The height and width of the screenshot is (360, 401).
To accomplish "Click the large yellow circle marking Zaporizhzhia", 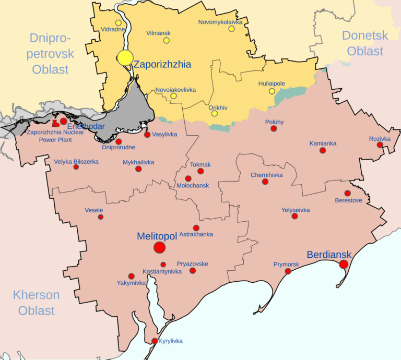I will tap(125, 58).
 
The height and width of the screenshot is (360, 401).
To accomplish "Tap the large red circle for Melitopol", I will tap(160, 248).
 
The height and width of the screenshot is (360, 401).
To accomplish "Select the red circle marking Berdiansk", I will tap(344, 265).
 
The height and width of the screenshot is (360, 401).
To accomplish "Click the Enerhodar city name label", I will tap(86, 127).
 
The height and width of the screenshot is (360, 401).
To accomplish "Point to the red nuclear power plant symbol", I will tap(55, 123).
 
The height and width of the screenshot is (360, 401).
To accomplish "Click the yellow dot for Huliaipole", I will tap(272, 91).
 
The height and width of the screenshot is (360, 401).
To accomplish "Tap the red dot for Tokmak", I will tap(200, 171).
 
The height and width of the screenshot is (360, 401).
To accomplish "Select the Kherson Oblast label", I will tap(37, 303).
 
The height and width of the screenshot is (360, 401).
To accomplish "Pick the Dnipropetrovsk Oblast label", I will tap(51, 54).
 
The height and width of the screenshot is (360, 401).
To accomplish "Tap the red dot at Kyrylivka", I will tap(154, 341).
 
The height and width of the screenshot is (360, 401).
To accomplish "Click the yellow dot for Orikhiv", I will tap(214, 114).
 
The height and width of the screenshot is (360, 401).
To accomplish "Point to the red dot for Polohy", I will tap(274, 128).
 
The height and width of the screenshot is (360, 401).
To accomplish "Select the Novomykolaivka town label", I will tap(221, 22).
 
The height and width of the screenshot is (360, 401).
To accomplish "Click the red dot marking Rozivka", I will tap(380, 145).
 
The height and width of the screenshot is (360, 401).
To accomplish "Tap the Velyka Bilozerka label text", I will tap(76, 162).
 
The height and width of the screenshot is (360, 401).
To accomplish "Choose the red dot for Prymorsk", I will tap(288, 271).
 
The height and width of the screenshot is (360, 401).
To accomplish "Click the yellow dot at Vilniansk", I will tap(167, 40).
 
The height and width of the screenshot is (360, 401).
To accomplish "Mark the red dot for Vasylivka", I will tap(147, 135).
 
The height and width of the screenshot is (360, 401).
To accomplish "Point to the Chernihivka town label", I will tap(266, 175).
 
